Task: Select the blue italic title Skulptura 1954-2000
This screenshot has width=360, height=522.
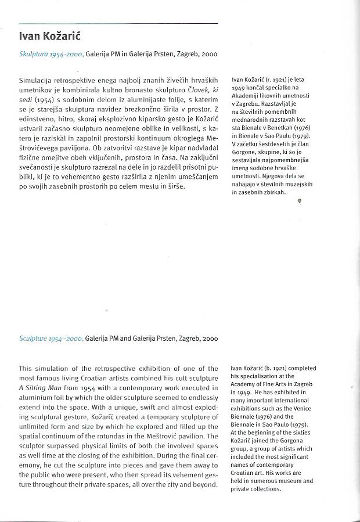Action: coord(51,54)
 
